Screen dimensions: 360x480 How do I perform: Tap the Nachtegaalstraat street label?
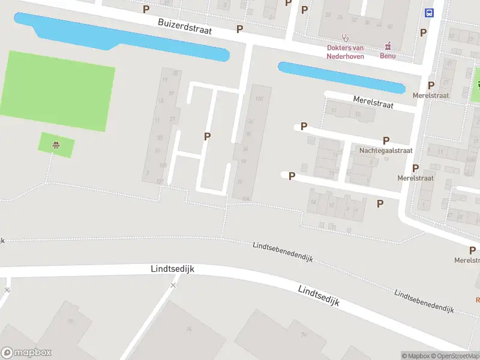(386, 151)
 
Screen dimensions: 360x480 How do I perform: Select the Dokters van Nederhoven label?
(345, 52)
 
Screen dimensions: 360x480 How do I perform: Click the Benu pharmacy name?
(388, 56)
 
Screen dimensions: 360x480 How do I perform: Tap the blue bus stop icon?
(430, 13)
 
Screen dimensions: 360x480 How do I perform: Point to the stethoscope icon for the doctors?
(345, 37)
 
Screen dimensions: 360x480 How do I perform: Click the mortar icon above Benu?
(388, 45)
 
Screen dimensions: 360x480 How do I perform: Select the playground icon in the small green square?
(56, 144)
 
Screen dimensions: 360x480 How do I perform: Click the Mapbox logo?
(26, 353)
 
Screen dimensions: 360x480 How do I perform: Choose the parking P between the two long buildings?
(208, 136)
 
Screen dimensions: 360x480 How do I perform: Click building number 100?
(259, 98)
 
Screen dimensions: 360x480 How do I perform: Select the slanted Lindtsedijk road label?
(319, 296)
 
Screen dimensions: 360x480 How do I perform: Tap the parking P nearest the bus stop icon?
(424, 32)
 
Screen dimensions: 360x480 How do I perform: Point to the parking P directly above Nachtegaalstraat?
(386, 140)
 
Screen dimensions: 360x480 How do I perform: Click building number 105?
(163, 166)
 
